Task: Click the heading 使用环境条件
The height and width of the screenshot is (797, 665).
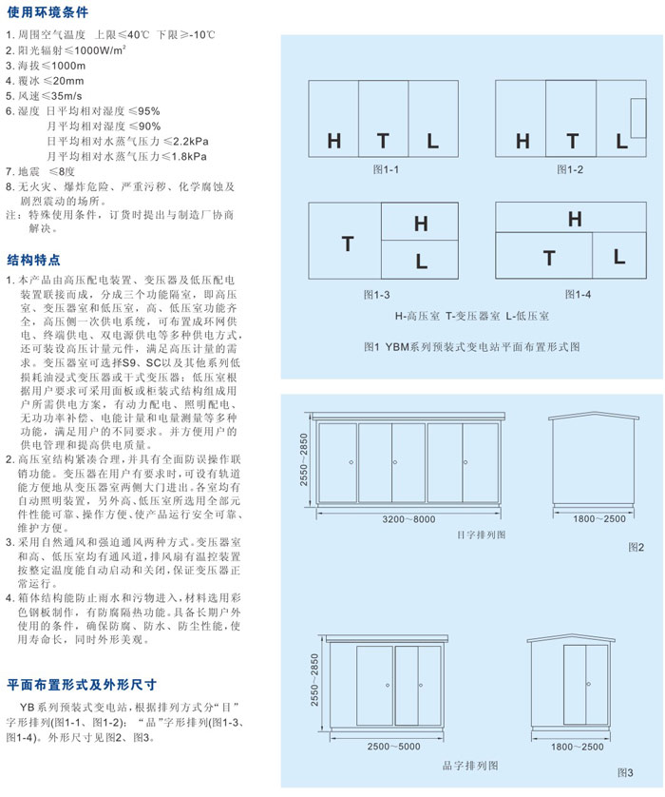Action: coord(47,13)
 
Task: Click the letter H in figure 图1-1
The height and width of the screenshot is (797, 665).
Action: coord(333,142)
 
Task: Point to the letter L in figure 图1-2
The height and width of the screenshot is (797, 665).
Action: coord(622,142)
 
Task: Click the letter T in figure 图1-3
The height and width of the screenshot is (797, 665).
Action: coord(347,244)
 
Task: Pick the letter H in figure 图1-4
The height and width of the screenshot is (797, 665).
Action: coord(574,220)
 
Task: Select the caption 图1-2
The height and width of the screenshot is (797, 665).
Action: coord(570,169)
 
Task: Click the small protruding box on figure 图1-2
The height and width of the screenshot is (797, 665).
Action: coord(638,110)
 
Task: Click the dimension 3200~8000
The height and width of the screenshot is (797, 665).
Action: coord(408,519)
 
